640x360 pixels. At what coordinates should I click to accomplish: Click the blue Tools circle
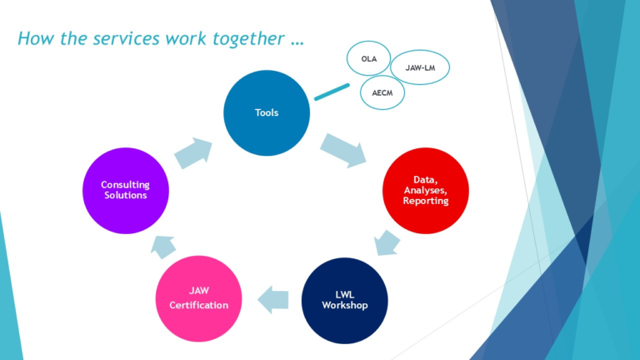click(267, 112)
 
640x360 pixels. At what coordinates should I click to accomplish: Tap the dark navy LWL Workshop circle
click(344, 300)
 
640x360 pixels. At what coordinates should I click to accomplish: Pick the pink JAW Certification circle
click(199, 299)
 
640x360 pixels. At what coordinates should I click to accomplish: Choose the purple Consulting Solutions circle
click(124, 190)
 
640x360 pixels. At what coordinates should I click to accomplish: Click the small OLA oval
click(368, 59)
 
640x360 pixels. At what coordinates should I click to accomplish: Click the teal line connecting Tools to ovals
click(332, 92)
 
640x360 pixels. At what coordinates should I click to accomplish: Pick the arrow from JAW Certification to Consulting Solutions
click(162, 245)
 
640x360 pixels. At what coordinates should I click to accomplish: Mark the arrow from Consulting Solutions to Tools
click(192, 152)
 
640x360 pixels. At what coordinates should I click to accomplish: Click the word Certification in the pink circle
click(199, 305)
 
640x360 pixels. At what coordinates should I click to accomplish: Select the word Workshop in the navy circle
click(344, 305)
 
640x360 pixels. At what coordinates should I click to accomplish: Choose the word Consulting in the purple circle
click(124, 184)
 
